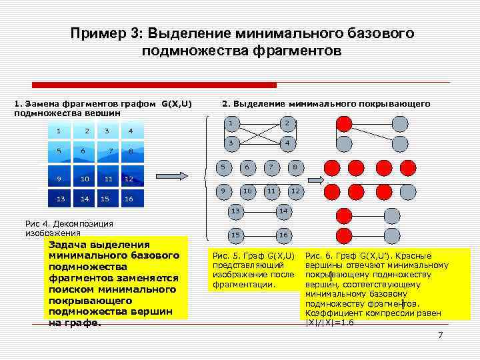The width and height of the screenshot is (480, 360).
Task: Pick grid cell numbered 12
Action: pos(131,178)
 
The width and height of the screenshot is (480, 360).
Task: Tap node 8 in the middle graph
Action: pos(294,167)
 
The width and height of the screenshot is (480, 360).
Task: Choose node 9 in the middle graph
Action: pos(224,191)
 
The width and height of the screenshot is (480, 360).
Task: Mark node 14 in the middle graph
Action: pos(282,211)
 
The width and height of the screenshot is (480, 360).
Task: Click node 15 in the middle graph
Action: pos(235,235)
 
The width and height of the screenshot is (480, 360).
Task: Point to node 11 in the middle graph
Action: pos(271,191)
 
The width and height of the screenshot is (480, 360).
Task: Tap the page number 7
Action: pos(440,334)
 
